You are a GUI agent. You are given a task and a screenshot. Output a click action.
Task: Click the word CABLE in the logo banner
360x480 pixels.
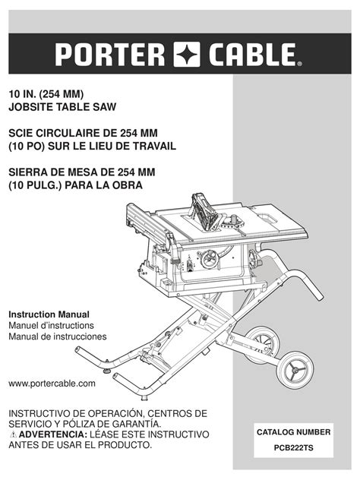[x=253, y=55]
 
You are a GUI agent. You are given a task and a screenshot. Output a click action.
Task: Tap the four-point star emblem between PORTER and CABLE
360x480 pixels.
[x=187, y=55]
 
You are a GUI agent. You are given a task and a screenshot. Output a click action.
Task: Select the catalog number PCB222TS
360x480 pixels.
[x=294, y=447]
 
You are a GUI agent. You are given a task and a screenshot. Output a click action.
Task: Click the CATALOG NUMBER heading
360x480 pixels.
[x=294, y=432]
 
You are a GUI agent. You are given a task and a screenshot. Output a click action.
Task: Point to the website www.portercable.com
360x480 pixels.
[x=52, y=384]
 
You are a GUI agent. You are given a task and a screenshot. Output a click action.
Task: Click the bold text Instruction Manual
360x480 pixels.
[x=49, y=314]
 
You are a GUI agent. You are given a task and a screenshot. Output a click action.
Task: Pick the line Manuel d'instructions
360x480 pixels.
[x=51, y=325]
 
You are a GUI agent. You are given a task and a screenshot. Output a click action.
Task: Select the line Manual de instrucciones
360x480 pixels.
[x=58, y=336]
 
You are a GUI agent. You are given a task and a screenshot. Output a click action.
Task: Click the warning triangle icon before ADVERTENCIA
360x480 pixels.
[x=13, y=434]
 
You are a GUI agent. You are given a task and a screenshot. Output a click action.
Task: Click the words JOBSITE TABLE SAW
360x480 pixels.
[x=62, y=107]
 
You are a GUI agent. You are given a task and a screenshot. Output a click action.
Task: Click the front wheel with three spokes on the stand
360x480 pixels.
[x=295, y=370]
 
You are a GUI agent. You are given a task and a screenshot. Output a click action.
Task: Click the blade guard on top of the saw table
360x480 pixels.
[x=206, y=212]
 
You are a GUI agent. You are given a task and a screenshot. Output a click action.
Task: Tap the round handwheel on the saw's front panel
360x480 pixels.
[x=210, y=260]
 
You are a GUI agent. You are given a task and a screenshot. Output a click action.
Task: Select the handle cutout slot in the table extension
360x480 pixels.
[x=267, y=219]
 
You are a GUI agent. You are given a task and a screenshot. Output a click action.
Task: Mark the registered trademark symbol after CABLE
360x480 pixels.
[x=299, y=64]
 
